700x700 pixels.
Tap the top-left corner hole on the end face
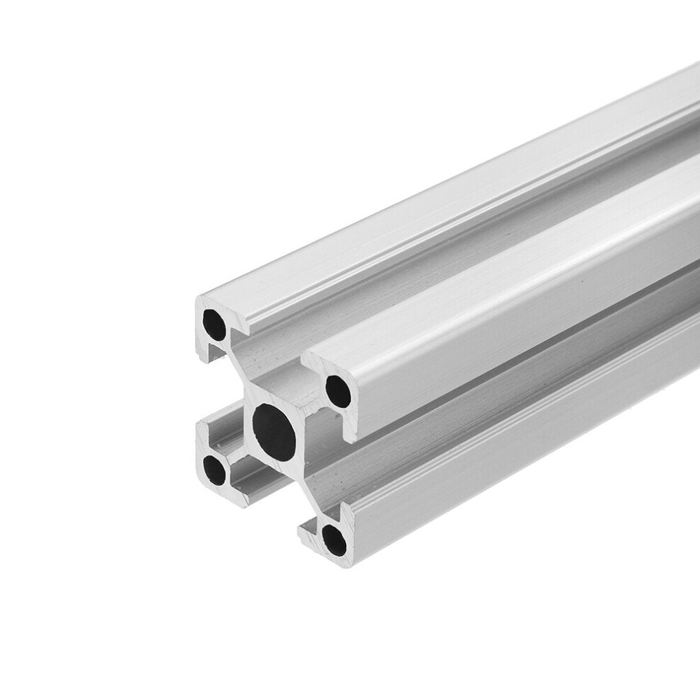click(x=214, y=325)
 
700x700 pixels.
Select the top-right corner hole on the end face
click(x=338, y=390)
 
